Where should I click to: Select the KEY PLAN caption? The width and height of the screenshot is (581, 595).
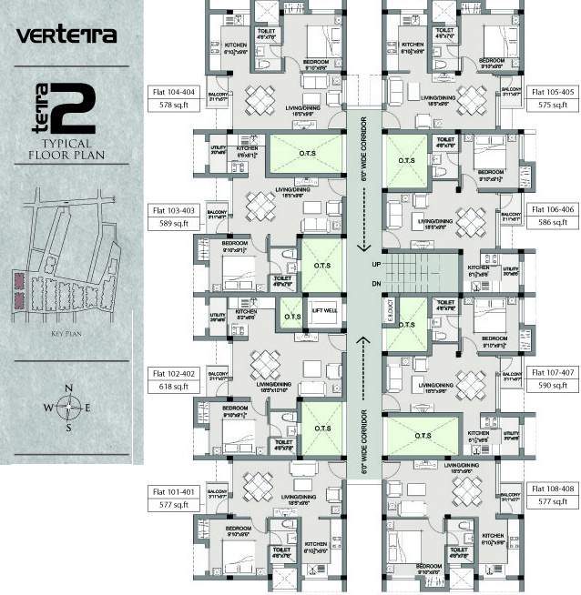pyautogui.click(x=68, y=334)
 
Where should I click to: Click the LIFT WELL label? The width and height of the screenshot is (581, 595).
pyautogui.click(x=324, y=310)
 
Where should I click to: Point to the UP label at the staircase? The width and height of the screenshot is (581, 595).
pyautogui.click(x=375, y=265)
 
